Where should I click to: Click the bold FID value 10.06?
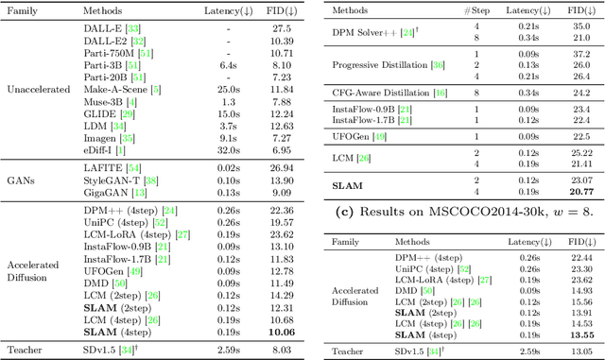(280, 332)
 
